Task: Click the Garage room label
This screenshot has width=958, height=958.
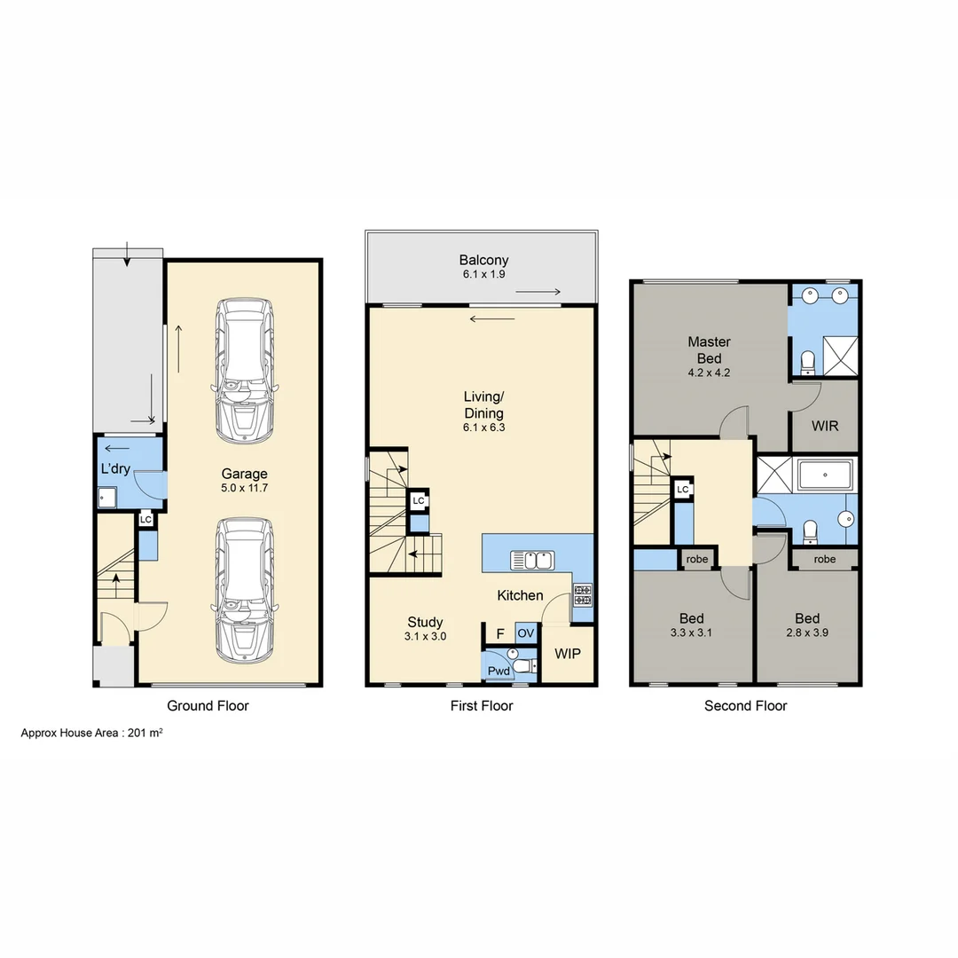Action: point(244,474)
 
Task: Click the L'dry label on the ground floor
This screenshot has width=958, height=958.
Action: point(115,468)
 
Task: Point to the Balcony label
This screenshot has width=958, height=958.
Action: point(483,260)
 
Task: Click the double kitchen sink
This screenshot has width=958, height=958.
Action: point(532,560)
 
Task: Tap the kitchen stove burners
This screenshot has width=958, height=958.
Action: point(583,594)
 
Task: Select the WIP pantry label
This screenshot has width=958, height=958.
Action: point(568,654)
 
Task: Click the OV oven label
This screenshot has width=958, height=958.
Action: point(526,632)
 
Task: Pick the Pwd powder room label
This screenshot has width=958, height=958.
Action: point(499,671)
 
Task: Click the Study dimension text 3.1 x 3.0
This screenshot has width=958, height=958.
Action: point(425,637)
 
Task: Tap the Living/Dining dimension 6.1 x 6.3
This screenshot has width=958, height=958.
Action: point(483,428)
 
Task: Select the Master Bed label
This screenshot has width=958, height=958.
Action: point(709,349)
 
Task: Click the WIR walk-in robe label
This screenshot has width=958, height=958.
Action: point(825,425)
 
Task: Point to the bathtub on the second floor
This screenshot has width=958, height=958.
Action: point(825,475)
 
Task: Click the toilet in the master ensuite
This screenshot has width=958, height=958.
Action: point(807,362)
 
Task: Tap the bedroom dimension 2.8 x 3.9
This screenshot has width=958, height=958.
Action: point(807,633)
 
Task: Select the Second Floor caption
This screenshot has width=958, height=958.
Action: point(745,706)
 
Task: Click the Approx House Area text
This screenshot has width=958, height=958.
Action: point(91,734)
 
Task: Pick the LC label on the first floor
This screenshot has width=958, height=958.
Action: point(419,501)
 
